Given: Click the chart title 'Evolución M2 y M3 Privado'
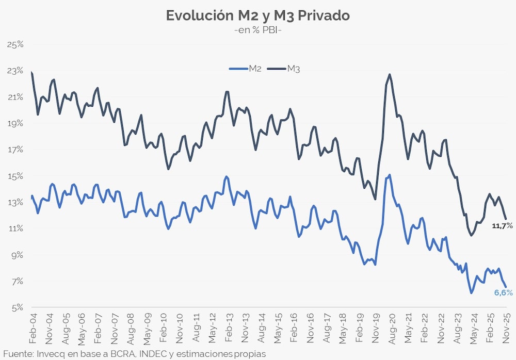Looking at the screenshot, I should point(257,15).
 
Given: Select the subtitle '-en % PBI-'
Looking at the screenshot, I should point(257,30).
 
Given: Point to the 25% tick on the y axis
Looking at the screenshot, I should point(16,44).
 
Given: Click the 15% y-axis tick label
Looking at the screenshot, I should point(16,176).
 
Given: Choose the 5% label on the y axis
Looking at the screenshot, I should point(18,307).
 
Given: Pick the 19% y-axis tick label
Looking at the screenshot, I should point(16,123).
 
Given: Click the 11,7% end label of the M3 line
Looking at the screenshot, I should point(502,226).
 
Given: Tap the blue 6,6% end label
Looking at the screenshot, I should point(503,292).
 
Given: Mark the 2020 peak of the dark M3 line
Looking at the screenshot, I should point(390,75).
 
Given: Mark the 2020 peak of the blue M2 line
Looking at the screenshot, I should point(389,175).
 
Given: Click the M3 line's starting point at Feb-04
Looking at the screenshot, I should point(32,73).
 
